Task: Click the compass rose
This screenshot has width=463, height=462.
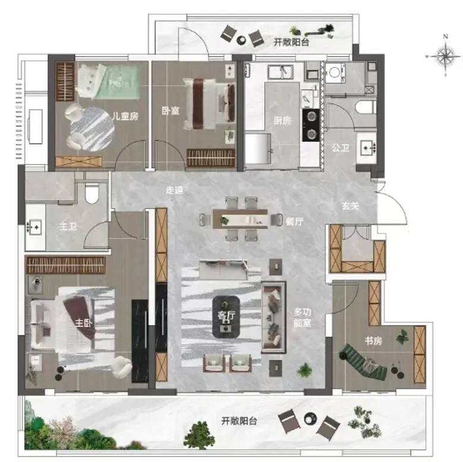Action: [445, 55]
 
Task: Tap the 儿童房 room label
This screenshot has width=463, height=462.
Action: [125, 116]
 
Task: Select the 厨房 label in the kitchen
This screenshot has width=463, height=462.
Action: [282, 120]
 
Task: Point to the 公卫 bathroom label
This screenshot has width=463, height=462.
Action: [341, 147]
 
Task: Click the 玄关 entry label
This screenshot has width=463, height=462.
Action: [351, 206]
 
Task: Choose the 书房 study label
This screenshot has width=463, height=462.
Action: [373, 341]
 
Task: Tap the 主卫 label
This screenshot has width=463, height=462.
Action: [68, 227]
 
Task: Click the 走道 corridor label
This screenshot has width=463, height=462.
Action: [174, 190]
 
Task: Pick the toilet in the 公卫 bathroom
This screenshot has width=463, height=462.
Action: [366, 107]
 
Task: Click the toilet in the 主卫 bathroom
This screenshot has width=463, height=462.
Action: [92, 193]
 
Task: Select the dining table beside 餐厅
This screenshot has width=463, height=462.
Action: [240, 219]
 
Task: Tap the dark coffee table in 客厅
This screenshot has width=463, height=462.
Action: [226, 317]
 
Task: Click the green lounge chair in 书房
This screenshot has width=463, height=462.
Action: [363, 362]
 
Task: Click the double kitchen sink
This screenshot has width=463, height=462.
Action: [281, 72]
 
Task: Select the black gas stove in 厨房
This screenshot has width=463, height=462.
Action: [311, 125]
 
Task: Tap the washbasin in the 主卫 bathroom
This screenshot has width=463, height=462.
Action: [34, 227]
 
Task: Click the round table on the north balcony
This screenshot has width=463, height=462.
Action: [241, 40]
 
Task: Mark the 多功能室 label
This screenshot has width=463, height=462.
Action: [303, 318]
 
